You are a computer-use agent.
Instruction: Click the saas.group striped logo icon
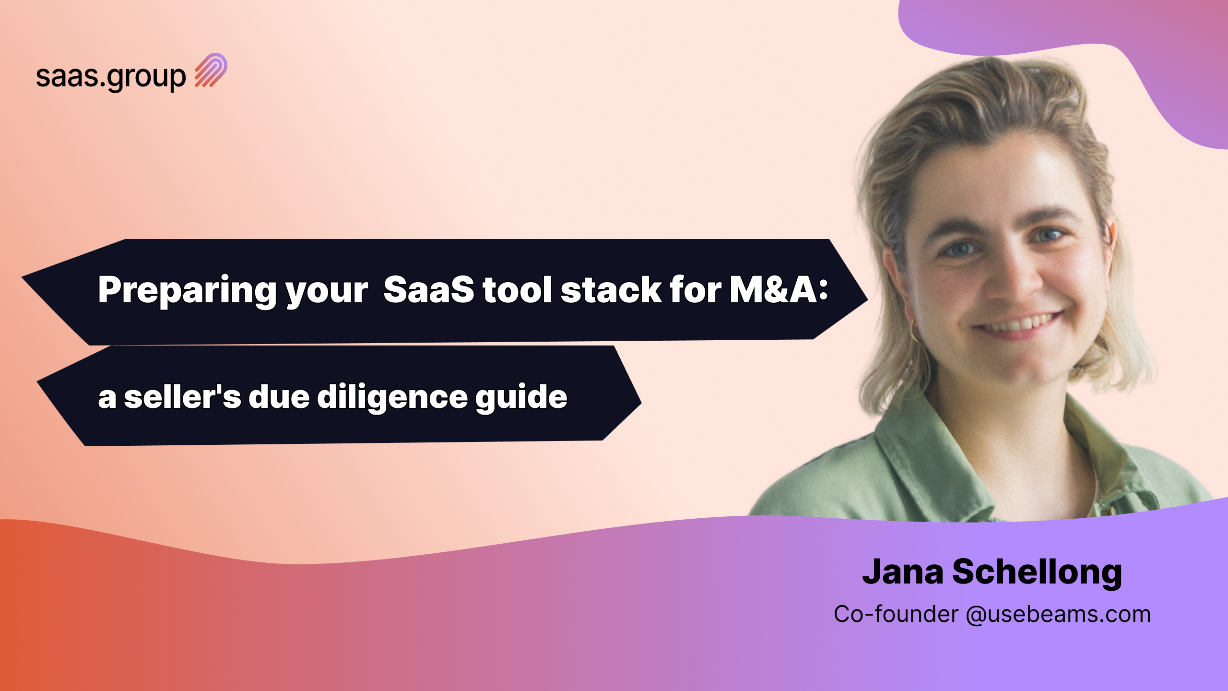(x=211, y=70)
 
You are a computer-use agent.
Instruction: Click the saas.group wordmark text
(x=111, y=77)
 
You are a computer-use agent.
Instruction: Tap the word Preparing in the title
(x=187, y=291)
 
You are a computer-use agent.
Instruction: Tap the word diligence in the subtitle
(x=392, y=397)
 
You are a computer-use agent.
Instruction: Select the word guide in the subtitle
(x=521, y=397)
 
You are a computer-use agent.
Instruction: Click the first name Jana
(x=903, y=572)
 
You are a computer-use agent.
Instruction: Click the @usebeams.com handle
(x=1058, y=614)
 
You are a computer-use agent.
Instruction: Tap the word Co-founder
(x=896, y=614)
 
